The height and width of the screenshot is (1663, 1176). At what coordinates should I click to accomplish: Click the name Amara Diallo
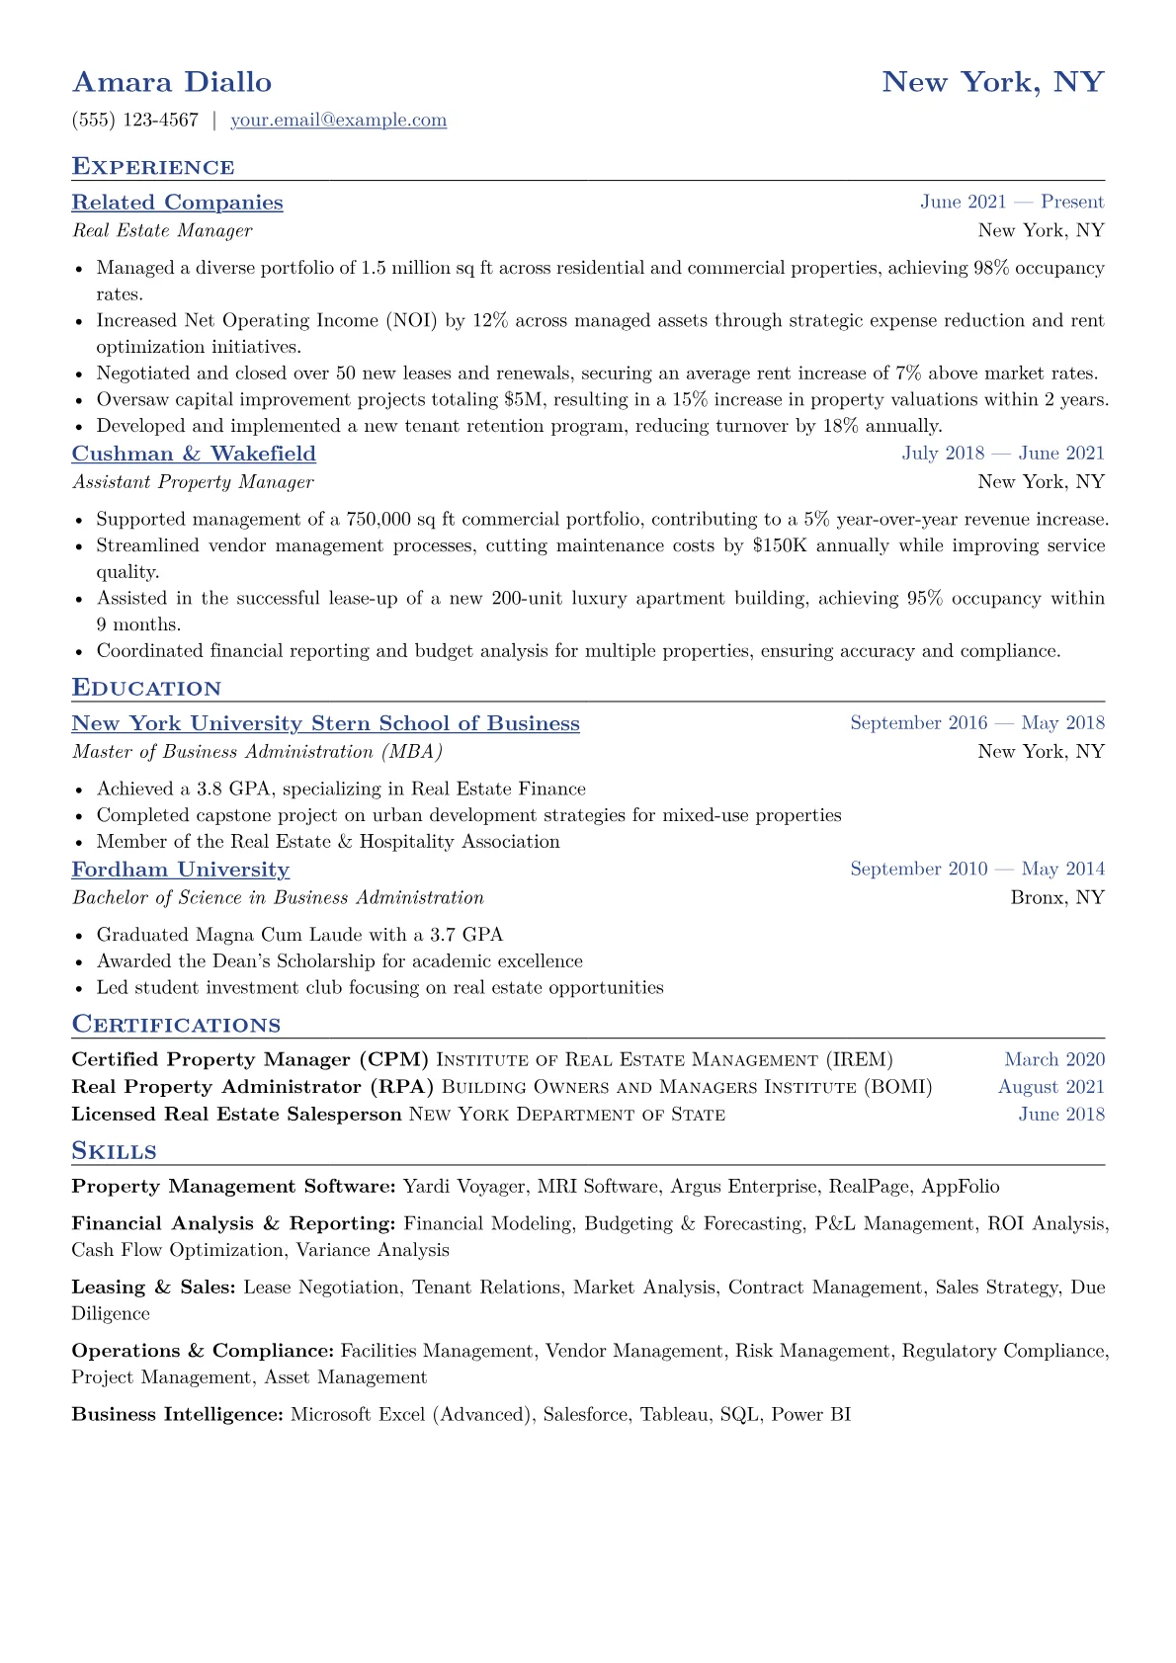coord(172,82)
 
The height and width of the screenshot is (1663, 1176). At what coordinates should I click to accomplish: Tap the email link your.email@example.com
coord(338,121)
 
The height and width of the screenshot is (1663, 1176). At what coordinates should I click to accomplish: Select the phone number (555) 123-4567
coord(135,121)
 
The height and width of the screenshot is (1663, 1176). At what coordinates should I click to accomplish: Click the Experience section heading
coord(153,166)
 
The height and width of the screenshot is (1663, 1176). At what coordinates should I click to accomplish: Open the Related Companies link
coord(177,203)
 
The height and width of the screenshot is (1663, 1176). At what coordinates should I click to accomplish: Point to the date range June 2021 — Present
coord(1012,202)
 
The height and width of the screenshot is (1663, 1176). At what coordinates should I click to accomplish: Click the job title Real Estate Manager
coord(162,230)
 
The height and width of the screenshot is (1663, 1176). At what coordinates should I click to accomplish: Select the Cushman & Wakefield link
coord(194,454)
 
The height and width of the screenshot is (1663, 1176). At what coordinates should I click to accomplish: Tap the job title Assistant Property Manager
coord(193,482)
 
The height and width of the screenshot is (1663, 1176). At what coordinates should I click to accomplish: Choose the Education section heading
coord(146,688)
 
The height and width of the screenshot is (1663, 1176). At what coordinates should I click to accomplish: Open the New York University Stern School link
coord(325,723)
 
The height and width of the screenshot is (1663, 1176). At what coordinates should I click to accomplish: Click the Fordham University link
coord(181,870)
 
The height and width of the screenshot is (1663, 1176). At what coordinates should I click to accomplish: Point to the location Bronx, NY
coord(1057,897)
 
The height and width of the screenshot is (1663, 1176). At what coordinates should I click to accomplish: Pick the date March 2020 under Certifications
coord(1054,1059)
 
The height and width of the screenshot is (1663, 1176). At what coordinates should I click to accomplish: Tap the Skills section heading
coord(114,1151)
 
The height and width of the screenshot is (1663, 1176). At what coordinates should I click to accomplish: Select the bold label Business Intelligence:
coord(178,1415)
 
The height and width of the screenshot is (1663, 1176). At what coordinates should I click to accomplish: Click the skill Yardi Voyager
coord(464,1187)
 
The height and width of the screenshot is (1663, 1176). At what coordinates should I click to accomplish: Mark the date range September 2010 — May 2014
coord(977,869)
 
